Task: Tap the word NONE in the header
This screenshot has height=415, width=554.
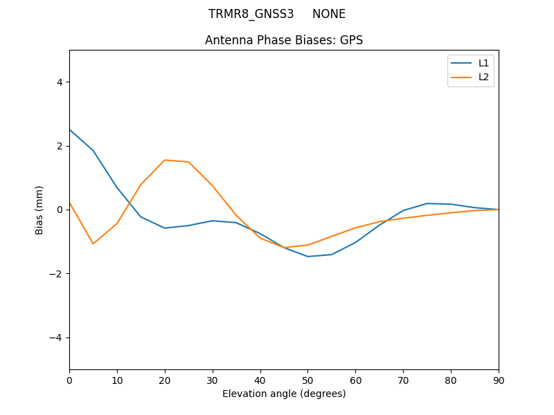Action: point(329,14)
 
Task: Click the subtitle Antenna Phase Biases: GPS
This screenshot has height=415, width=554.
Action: point(284,40)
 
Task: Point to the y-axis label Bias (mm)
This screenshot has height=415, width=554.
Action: point(39,210)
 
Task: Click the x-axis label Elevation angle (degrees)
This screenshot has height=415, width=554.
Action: point(284,394)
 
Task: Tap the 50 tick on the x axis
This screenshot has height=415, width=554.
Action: point(307,380)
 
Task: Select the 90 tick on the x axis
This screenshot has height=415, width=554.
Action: point(499,380)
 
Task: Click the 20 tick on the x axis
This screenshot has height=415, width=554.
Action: point(165,380)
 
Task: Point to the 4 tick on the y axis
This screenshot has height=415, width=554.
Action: point(59,82)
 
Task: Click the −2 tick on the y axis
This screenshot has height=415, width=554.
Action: point(56,273)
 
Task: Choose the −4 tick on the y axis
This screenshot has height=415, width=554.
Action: point(56,338)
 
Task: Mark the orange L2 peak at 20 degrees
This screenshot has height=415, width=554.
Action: point(165,160)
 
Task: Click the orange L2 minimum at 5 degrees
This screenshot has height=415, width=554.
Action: point(93,243)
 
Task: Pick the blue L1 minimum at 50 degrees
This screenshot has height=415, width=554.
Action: point(307,257)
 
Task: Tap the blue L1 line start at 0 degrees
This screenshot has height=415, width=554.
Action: point(70,130)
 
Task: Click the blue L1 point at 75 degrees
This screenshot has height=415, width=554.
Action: point(427,203)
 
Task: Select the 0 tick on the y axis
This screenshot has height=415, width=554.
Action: point(59,210)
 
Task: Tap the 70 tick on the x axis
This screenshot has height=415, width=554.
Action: point(403,380)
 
